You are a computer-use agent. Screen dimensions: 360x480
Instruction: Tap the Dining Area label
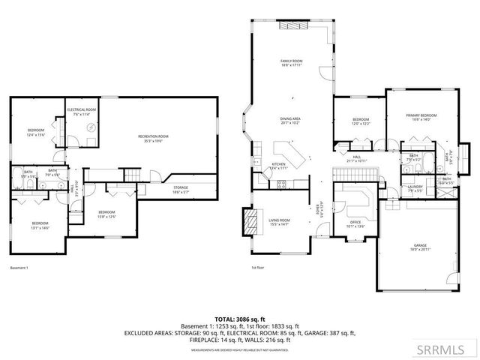coord(290,121)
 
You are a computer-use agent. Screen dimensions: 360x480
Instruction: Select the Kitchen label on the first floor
coord(278,166)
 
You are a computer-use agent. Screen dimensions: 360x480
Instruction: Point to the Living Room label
coord(279,222)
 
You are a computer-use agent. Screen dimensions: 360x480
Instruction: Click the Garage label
coord(419,247)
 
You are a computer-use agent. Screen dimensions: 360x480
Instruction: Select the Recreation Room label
coord(153,138)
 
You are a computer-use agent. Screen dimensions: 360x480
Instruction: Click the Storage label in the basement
coord(181,190)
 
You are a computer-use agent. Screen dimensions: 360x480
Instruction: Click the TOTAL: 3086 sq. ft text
coord(240,319)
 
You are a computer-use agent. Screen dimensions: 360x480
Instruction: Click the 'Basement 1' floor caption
coord(18,268)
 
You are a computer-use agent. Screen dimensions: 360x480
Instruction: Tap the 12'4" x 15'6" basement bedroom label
coord(36,132)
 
